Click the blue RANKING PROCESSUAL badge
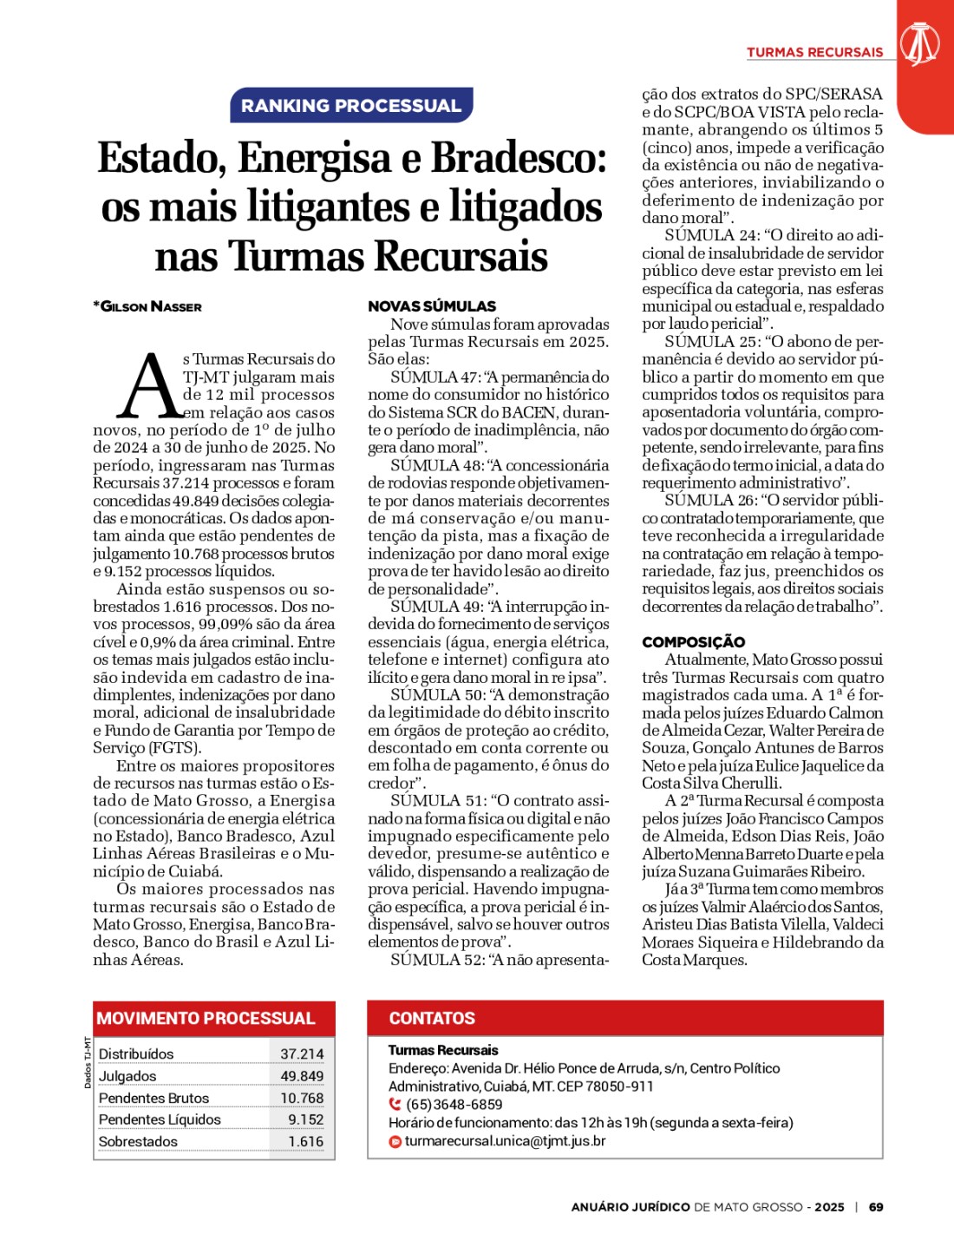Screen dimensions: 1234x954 351,106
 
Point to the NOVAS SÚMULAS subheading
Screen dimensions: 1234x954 432,306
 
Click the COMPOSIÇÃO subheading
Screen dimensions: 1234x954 693,642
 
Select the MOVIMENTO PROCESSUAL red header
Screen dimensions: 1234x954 206,1019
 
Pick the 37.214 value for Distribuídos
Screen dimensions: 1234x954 302,1054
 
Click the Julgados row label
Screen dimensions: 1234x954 127,1076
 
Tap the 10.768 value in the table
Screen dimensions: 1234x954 302,1099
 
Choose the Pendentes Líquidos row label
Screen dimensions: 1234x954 160,1119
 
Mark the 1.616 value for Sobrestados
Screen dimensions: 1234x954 306,1142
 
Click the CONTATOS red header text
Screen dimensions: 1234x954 432,1019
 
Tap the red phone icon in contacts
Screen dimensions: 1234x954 395,1105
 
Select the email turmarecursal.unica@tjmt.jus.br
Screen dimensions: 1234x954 505,1141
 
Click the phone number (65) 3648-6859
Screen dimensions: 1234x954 454,1105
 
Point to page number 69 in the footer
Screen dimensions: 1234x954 876,1207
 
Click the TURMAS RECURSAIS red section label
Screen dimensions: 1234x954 814,52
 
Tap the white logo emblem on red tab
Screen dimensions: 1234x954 919,43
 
